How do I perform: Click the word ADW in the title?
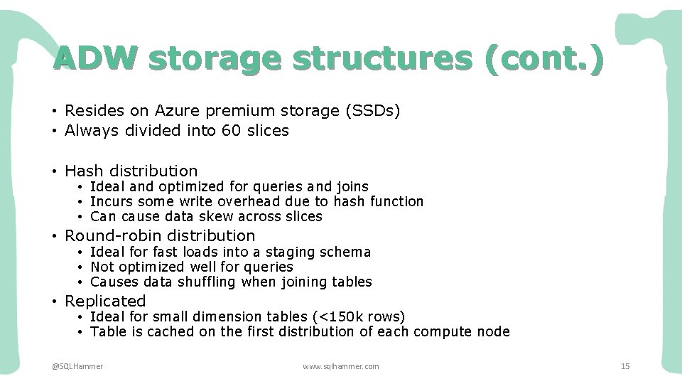[93, 59]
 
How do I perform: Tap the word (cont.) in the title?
[543, 59]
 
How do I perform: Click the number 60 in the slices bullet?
[211, 131]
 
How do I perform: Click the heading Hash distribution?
[131, 171]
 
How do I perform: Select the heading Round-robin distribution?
[160, 235]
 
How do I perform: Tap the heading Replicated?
[105, 301]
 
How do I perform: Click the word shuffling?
[202, 282]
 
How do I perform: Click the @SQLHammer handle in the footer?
[77, 366]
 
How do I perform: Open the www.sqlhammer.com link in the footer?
[341, 366]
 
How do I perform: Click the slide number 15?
[625, 366]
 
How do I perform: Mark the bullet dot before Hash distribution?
[54, 171]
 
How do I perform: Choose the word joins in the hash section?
[352, 187]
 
